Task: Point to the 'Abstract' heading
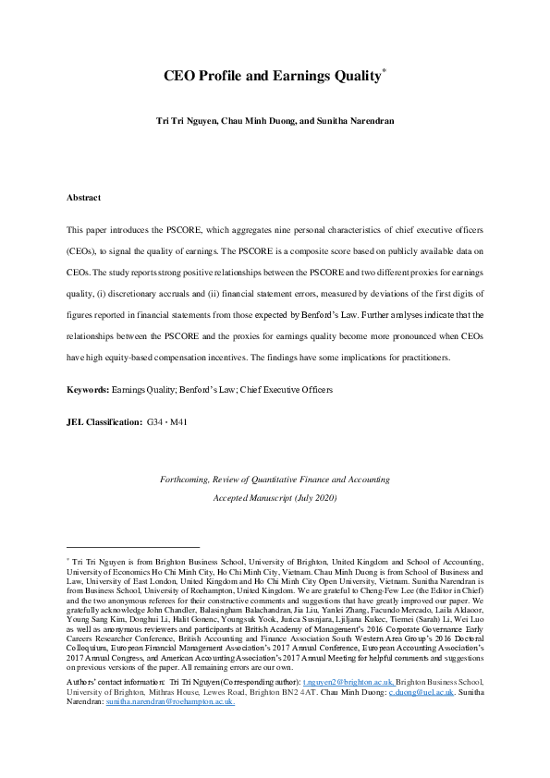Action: click(83, 198)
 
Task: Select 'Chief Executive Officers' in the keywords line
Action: click(286, 390)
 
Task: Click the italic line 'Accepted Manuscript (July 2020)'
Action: click(275, 497)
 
